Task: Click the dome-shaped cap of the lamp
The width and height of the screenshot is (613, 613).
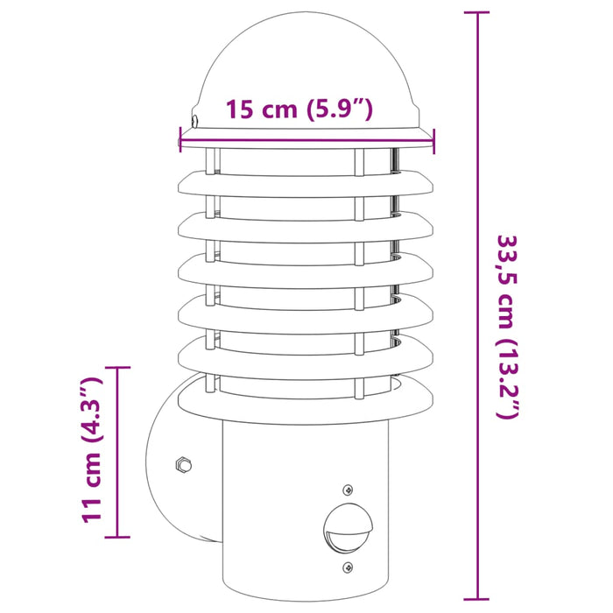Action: coord(306,66)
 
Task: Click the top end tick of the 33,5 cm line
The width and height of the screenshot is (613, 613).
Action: coord(477,12)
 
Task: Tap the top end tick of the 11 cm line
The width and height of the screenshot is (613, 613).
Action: coord(117,368)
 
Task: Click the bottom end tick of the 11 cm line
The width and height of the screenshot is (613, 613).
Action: coord(117,536)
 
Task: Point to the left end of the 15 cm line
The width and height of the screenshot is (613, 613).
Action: coord(180,138)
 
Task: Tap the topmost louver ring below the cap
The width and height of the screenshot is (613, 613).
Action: coord(306,182)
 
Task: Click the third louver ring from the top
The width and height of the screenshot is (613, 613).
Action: coord(306,266)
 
